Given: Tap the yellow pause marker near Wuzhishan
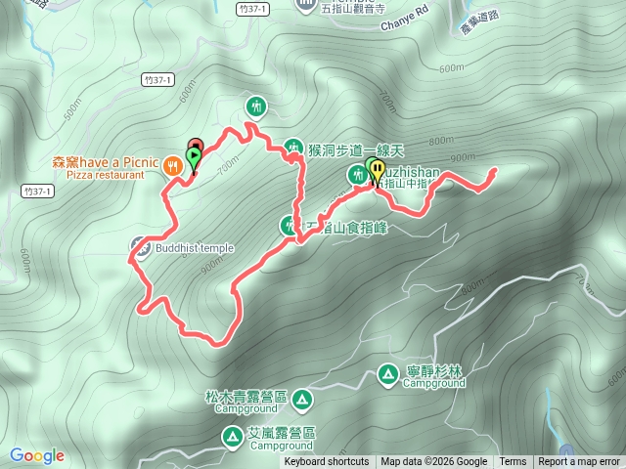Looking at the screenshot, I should pyautogui.click(x=377, y=170).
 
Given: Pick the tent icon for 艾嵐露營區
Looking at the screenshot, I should pyautogui.click(x=234, y=435).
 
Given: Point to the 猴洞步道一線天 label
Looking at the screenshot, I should pyautogui.click(x=341, y=150).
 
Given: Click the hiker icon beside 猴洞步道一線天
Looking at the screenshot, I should pyautogui.click(x=293, y=149).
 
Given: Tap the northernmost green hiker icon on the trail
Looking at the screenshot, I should pyautogui.click(x=256, y=104).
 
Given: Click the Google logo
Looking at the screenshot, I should pyautogui.click(x=37, y=455).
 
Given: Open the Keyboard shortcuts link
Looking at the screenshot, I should pyautogui.click(x=327, y=462).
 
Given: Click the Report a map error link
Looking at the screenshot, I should pyautogui.click(x=580, y=462).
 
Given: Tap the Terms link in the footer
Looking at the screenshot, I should pyautogui.click(x=513, y=462).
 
